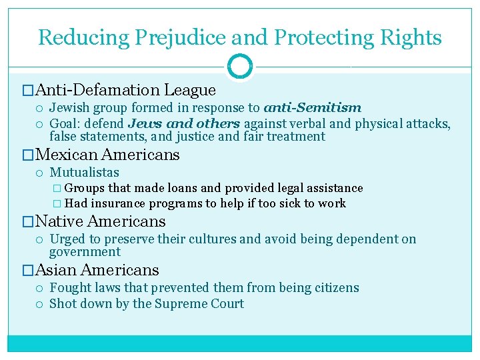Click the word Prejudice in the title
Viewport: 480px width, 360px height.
[x=169, y=37]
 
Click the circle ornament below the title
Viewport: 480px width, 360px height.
[x=239, y=67]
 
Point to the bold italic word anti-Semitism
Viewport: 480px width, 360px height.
[x=313, y=107]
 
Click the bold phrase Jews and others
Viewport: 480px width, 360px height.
[x=185, y=123]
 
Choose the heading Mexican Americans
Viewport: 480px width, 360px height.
[x=107, y=155]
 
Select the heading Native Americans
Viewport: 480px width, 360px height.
[x=100, y=221]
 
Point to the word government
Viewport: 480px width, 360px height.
[x=85, y=252]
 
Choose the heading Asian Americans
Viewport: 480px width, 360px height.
[x=97, y=270]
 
